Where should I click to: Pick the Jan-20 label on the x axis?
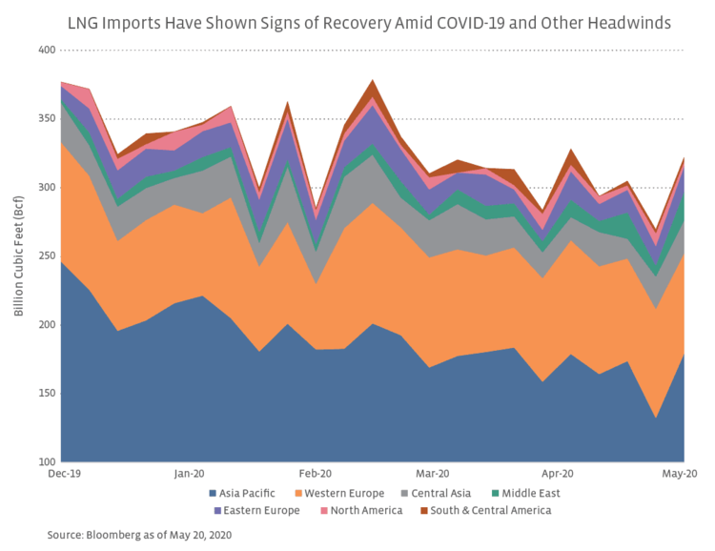tap(190, 473)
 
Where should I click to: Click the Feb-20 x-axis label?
tap(316, 473)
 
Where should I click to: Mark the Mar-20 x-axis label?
tap(434, 473)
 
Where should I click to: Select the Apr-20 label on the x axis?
tap(558, 473)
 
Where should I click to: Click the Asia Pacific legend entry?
tap(246, 493)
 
